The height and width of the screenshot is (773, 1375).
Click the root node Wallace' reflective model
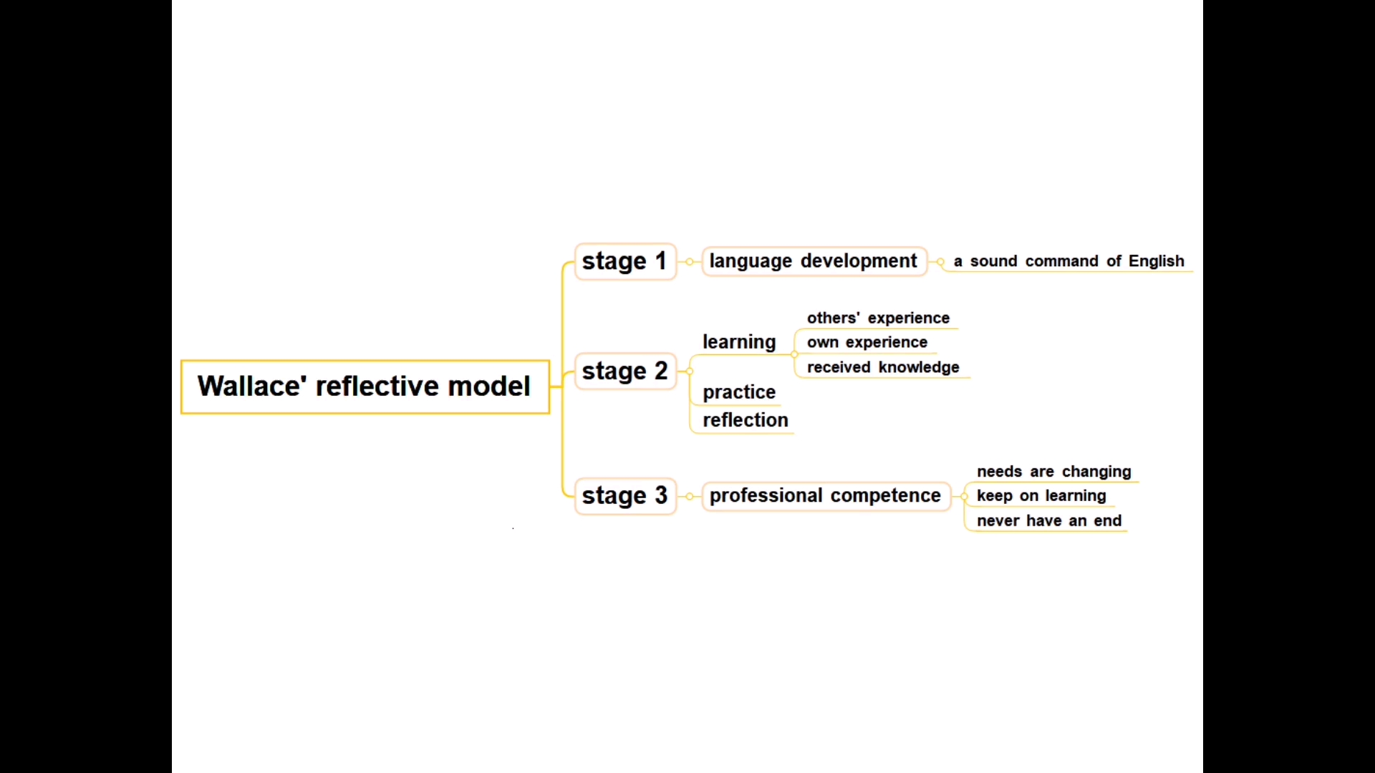pyautogui.click(x=365, y=386)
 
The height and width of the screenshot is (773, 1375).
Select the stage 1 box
pyautogui.click(x=625, y=261)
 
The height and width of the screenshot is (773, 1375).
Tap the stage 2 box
pyautogui.click(x=625, y=371)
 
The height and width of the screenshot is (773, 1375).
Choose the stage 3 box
pyautogui.click(x=625, y=495)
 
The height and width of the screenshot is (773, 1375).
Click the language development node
pyautogui.click(x=814, y=261)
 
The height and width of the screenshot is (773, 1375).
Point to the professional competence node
pyautogui.click(x=825, y=495)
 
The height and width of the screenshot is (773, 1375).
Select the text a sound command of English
pyautogui.click(x=1068, y=261)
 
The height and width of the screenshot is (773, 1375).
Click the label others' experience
pyautogui.click(x=878, y=318)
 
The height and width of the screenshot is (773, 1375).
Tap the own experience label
pyautogui.click(x=867, y=342)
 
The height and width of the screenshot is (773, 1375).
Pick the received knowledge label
pyautogui.click(x=883, y=367)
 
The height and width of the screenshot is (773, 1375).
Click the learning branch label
pyautogui.click(x=739, y=342)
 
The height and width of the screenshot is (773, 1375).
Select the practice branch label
pyautogui.click(x=739, y=392)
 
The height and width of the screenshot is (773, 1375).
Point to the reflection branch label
pyautogui.click(x=746, y=420)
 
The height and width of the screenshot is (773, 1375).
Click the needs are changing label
pyautogui.click(x=1054, y=472)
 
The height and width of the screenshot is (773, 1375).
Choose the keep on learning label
pyautogui.click(x=1041, y=495)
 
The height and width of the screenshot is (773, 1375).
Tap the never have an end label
pyautogui.click(x=1049, y=520)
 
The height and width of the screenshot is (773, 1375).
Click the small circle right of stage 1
pyautogui.click(x=690, y=262)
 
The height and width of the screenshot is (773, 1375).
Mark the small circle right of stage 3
pyautogui.click(x=690, y=496)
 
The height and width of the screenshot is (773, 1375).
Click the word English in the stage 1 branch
pyautogui.click(x=1157, y=261)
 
